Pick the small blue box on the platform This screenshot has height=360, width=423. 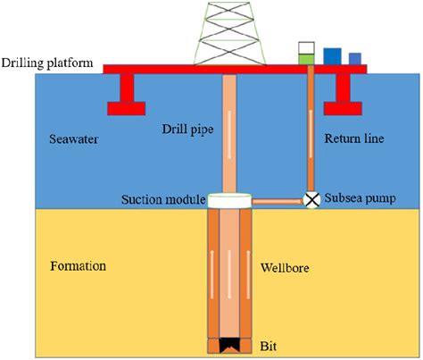point(355,58)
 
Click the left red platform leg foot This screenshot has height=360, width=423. point(127,109)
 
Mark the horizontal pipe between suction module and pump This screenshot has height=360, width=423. point(278,201)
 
